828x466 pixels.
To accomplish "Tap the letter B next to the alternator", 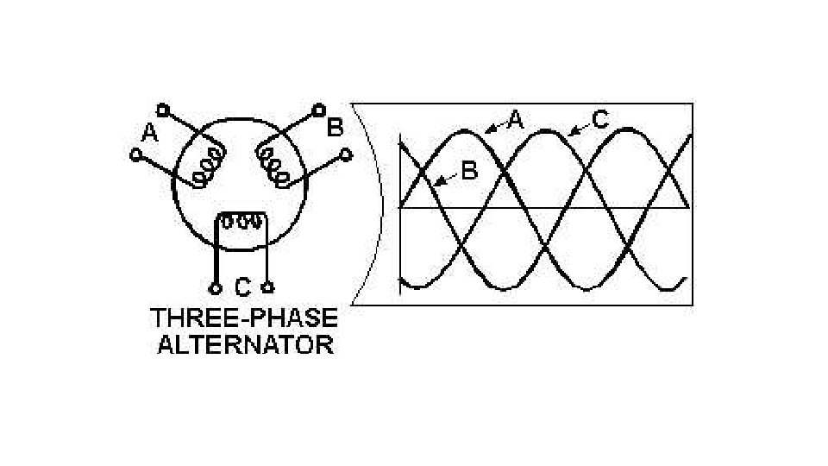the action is coord(335,128).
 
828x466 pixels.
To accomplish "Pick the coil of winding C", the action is coord(242,221).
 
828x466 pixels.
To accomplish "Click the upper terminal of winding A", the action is coord(162,110).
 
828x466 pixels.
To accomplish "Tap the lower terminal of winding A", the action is coord(135,155).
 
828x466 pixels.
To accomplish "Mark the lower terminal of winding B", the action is coord(347,155).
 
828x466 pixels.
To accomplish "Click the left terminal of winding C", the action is coord(215,287).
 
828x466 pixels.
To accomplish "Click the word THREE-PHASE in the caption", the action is coord(244,318).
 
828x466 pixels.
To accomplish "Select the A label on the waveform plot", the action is coord(514,120).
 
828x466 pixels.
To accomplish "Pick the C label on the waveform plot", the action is coord(599,120).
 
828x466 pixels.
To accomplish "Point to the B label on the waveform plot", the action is coord(468,171).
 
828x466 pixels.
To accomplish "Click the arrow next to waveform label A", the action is coord(494,127).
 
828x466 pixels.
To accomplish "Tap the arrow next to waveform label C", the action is coord(579,128).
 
